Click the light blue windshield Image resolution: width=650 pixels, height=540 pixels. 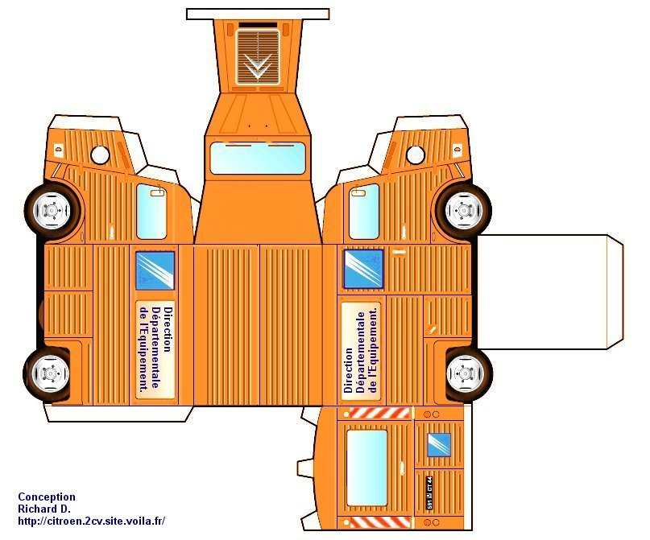258,158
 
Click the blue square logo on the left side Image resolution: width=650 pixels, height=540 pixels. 155,270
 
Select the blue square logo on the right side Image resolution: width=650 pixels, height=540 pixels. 363,268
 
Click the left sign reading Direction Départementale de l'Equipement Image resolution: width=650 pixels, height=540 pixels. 155,349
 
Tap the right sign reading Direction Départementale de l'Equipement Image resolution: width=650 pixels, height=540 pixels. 360,348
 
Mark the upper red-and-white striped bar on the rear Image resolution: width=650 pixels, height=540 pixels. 378,412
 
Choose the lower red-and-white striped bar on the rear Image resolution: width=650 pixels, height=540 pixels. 378,524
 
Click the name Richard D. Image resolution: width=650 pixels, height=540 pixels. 44,509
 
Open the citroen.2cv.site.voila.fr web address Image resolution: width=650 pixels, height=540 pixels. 91,521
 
